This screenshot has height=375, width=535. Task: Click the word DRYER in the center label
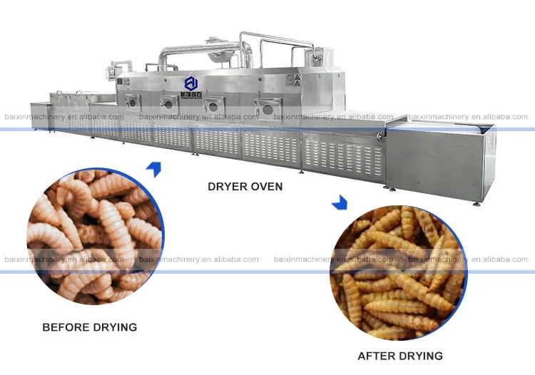(226, 187)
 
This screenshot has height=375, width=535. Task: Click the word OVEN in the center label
(265, 187)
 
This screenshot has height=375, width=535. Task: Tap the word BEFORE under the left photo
(66, 328)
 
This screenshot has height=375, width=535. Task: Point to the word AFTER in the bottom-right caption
(376, 356)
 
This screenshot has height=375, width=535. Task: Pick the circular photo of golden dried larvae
(398, 273)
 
